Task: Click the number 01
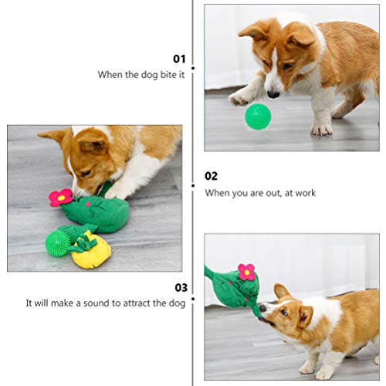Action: point(179,58)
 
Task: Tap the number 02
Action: point(211,176)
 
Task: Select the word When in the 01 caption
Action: point(110,75)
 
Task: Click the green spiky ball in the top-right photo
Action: point(258,117)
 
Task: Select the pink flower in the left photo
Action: point(60,197)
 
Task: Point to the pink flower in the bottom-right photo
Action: point(246,271)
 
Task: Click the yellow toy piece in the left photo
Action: point(90,252)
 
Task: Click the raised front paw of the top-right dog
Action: point(239,99)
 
